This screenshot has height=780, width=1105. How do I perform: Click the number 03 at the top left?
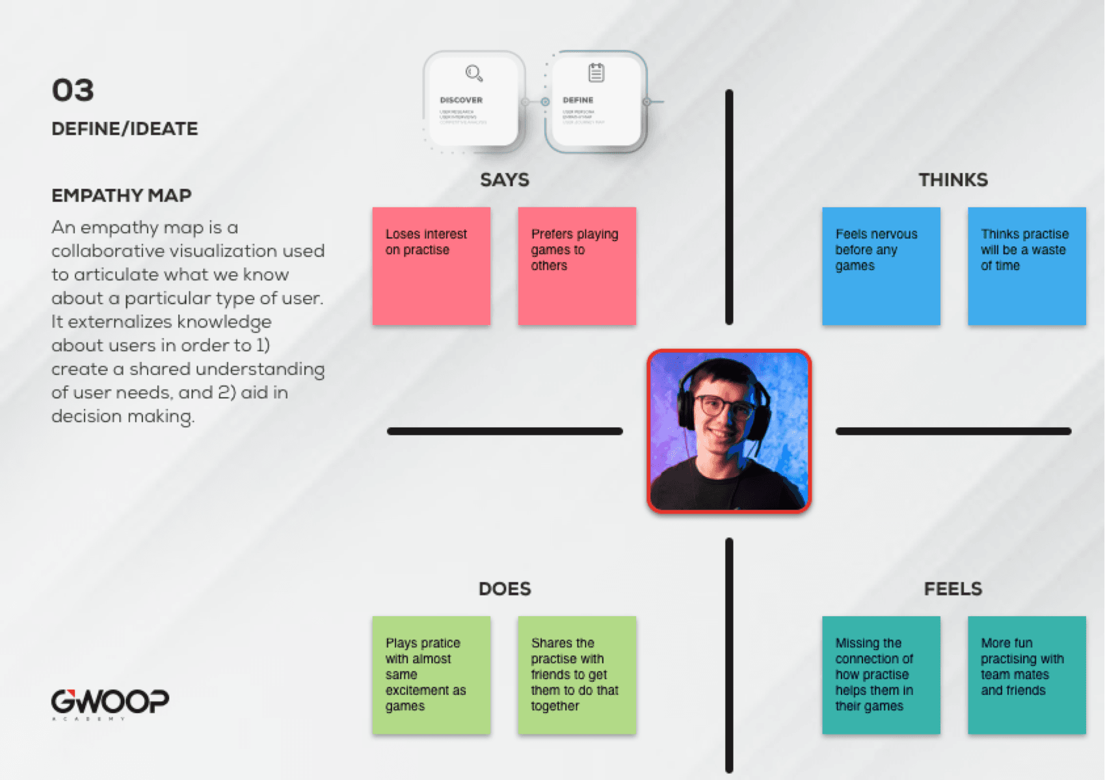tap(73, 90)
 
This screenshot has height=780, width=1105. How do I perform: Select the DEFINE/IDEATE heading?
tap(124, 129)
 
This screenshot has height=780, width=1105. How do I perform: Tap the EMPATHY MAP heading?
tap(122, 196)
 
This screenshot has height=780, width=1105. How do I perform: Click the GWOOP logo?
tap(110, 702)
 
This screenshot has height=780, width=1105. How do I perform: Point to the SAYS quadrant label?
tap(505, 180)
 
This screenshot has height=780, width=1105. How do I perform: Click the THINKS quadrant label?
tap(953, 180)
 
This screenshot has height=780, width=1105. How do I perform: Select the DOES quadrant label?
tap(505, 589)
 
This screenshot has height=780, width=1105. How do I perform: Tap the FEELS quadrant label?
tap(953, 589)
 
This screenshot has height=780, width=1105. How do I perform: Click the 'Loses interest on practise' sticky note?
tap(431, 266)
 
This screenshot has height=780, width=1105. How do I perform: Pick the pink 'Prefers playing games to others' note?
tap(577, 266)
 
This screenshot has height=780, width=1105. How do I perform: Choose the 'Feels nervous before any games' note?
tap(881, 266)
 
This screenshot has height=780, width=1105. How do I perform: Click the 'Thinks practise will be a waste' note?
tap(1026, 266)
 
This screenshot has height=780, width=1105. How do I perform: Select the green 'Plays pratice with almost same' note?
tap(431, 675)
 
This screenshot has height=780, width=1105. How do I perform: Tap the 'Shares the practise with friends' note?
tap(577, 675)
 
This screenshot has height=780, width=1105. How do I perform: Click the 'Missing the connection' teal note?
tap(881, 675)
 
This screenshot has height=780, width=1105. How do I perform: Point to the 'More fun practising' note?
tap(1026, 675)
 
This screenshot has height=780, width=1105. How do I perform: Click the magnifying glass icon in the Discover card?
tap(473, 73)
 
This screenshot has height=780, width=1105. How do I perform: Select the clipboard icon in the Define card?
tap(596, 73)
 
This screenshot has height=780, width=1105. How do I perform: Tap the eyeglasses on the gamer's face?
tap(725, 408)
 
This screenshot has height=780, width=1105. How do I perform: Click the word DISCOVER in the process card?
tap(461, 100)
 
